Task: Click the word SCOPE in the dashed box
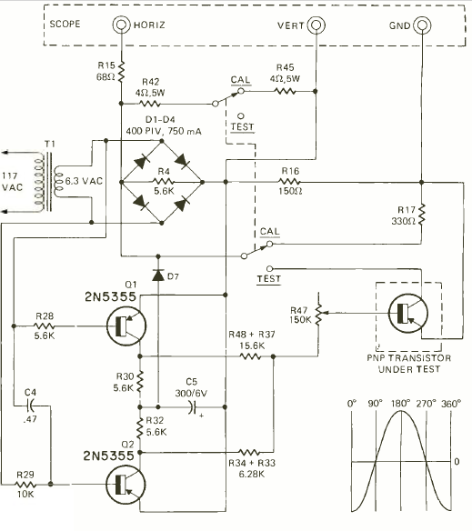(x=65, y=24)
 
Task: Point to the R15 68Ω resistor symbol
(x=121, y=72)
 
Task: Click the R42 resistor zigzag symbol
(x=150, y=104)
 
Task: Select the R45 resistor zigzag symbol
(x=286, y=91)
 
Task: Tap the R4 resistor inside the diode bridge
(x=164, y=182)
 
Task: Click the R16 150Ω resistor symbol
(x=290, y=182)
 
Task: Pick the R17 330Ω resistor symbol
(x=421, y=215)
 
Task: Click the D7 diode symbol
(x=158, y=275)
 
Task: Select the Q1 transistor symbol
(x=126, y=326)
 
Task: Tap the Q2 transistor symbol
(x=126, y=485)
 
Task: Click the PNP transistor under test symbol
(x=408, y=314)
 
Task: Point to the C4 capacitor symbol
(x=31, y=405)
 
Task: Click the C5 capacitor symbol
(x=193, y=407)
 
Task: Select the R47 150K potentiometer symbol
(x=317, y=314)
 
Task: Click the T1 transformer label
(x=50, y=144)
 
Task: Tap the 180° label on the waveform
(x=401, y=404)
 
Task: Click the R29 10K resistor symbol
(x=25, y=485)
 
